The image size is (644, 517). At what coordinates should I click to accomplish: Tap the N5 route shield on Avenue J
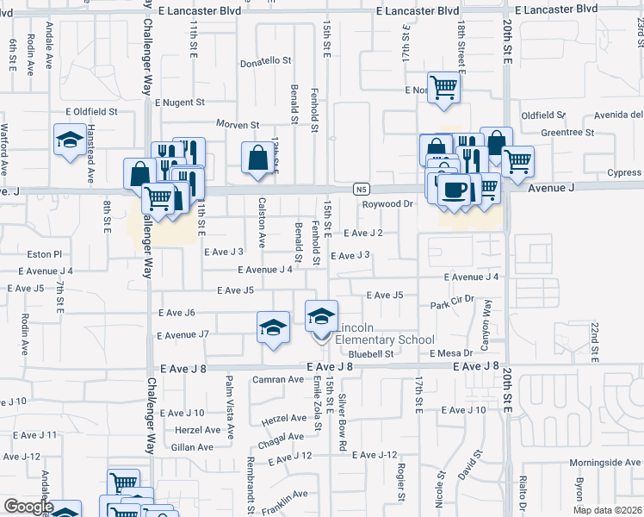point(362,189)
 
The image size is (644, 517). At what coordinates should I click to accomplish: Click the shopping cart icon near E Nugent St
point(443,86)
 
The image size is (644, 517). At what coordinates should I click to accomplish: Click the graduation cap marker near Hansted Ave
point(70,140)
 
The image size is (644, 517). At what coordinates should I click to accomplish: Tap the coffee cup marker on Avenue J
point(454,189)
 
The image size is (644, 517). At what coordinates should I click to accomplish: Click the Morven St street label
point(238,125)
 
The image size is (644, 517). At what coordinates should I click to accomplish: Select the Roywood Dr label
point(387,204)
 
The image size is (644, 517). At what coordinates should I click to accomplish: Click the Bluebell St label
point(371,353)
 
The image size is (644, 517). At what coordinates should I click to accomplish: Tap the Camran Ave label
point(278,379)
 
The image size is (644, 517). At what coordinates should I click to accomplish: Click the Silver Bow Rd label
point(343,423)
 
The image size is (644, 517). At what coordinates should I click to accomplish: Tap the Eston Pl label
point(46,254)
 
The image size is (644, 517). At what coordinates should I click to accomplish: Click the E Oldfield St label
point(91,111)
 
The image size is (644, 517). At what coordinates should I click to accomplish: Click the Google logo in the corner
point(28,507)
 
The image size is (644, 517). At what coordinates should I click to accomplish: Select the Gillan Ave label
point(193,447)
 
